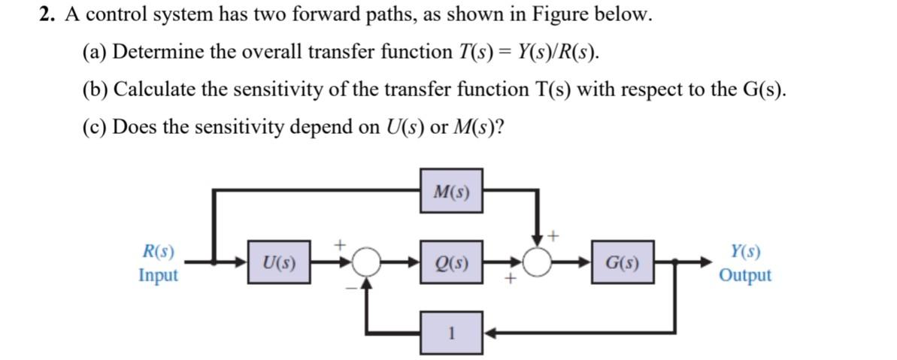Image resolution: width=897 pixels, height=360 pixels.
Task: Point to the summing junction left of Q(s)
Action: tap(368, 263)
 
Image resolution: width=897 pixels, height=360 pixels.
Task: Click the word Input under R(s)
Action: tap(159, 275)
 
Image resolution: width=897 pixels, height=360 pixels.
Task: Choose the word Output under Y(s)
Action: tap(744, 275)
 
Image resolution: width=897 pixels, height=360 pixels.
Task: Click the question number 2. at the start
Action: tap(47, 17)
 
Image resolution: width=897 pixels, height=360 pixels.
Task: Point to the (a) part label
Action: tap(94, 53)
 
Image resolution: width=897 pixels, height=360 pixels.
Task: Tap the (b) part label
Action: tap(95, 89)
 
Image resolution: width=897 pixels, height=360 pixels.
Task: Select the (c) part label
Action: tap(94, 126)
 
